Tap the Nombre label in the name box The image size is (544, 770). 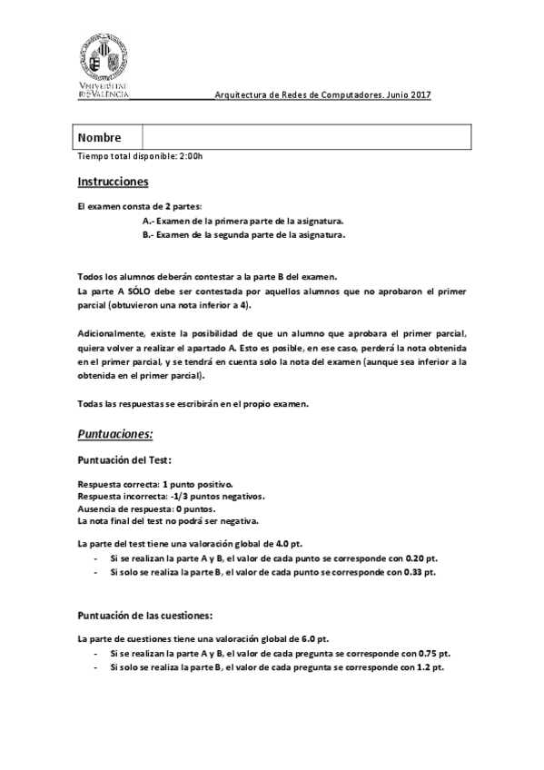click(100, 138)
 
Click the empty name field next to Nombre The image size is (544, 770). click(306, 138)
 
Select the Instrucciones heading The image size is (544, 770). click(113, 182)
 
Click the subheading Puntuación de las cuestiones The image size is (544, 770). click(145, 615)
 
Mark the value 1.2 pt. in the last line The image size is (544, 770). click(430, 667)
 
